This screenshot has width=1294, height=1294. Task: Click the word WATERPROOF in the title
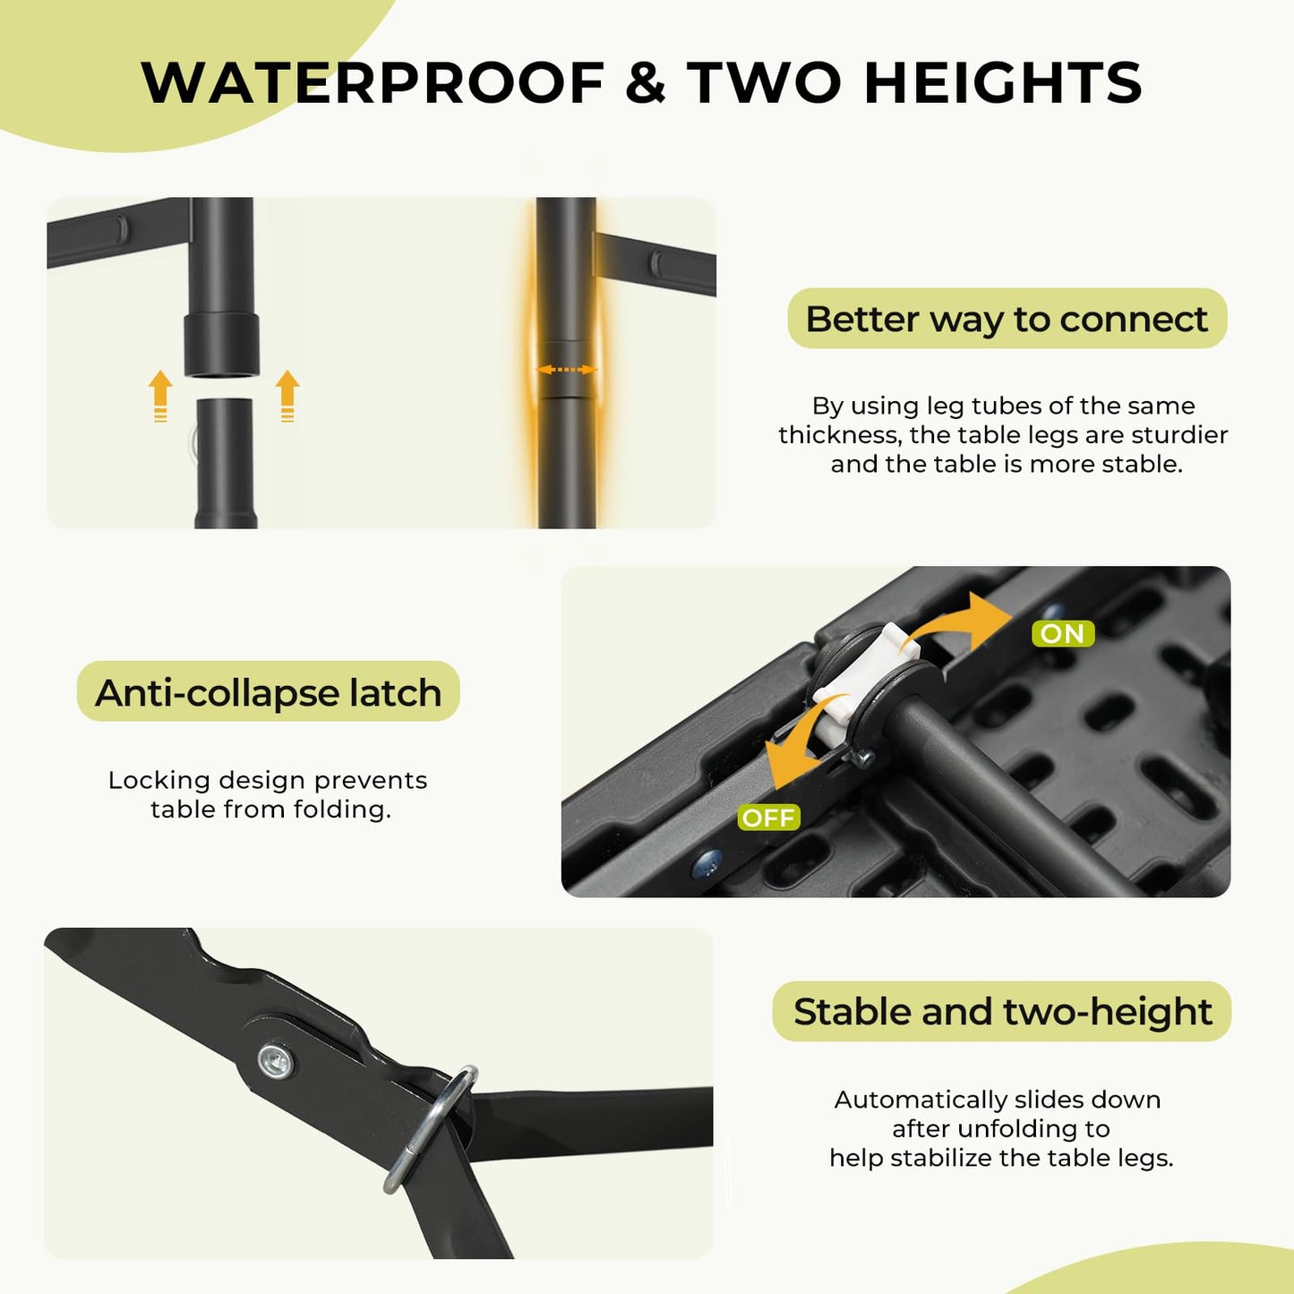[x=373, y=82]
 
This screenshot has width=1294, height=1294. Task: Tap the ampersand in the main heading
[x=646, y=82]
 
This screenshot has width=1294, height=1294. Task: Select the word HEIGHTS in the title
[x=1003, y=82]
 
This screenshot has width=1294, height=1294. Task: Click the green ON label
[x=1062, y=633]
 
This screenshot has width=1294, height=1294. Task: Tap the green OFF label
[x=769, y=818]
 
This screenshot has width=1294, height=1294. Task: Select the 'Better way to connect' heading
[x=1007, y=318]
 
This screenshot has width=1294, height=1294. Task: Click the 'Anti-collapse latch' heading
[x=268, y=691]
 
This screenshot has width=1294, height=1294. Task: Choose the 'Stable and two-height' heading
[x=1002, y=1011]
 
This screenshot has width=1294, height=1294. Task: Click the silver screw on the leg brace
[x=275, y=1062]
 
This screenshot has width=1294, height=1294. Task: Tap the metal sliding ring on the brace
[x=430, y=1128]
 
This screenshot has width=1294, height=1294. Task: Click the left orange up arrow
[x=159, y=396]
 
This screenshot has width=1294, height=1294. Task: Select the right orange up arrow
[x=287, y=396]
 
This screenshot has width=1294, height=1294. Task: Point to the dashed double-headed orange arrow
[x=567, y=369]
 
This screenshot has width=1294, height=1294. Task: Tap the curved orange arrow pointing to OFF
[x=796, y=752]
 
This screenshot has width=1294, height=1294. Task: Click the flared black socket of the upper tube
[x=221, y=345]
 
